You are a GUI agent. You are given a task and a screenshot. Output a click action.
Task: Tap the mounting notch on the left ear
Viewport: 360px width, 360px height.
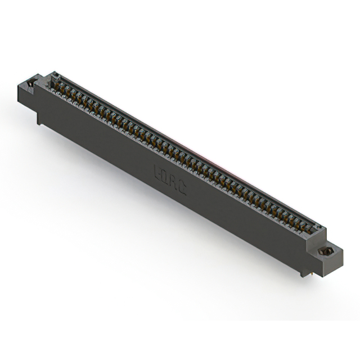[30, 83]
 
